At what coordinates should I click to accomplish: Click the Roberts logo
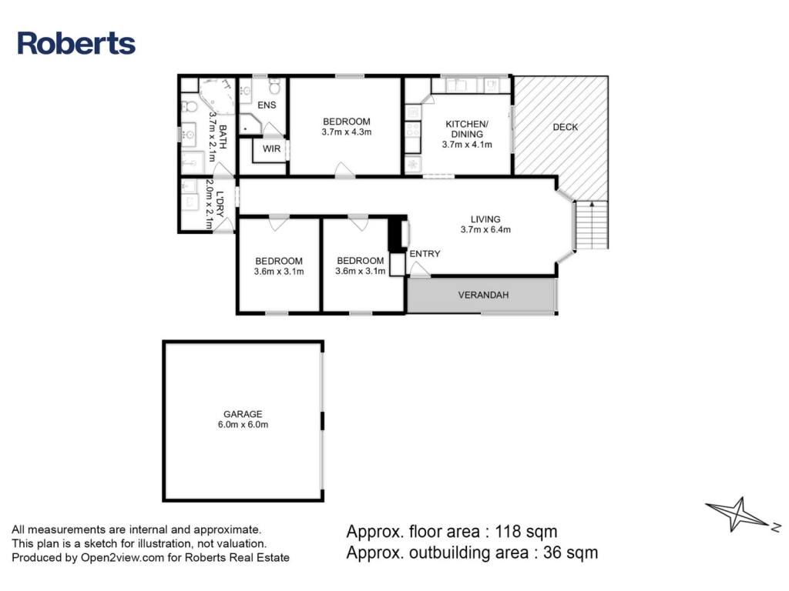coord(76,43)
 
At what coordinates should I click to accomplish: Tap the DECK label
coord(565,127)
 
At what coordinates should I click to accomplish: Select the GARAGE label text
coord(243,414)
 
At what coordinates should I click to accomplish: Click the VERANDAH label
coord(483,295)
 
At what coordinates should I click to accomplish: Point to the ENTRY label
coord(425,254)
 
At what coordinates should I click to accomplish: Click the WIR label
coord(271,149)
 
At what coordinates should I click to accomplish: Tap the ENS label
coord(267,105)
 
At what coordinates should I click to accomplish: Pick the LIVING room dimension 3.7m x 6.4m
coord(485,229)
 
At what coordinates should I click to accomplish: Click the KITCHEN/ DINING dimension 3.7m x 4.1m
coord(467,145)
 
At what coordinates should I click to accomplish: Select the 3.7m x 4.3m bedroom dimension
coord(347,132)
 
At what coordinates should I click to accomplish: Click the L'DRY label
coord(220,203)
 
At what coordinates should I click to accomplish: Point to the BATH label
coord(223,137)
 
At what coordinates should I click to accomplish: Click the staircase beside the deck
coord(592,225)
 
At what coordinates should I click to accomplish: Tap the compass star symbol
coord(738,514)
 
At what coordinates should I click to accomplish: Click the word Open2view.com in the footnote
coord(123,557)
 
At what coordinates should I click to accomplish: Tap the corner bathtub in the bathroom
coord(217,95)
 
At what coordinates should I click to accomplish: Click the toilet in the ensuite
coord(275,88)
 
